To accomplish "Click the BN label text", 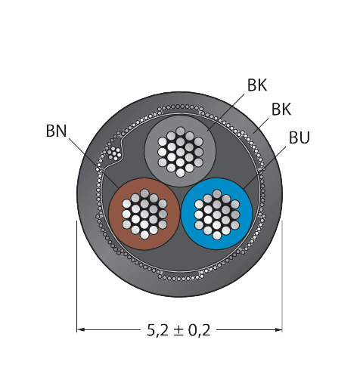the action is pyautogui.click(x=56, y=131).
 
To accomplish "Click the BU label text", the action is pyautogui.click(x=299, y=137).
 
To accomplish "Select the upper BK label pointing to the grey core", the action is pyautogui.click(x=257, y=85).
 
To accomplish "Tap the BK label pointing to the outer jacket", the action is pyautogui.click(x=281, y=110).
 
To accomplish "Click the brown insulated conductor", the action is pyautogui.click(x=144, y=214).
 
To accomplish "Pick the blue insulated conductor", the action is pyautogui.click(x=217, y=214).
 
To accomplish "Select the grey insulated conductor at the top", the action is pyautogui.click(x=180, y=151).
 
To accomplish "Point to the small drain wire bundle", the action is pyautogui.click(x=114, y=153).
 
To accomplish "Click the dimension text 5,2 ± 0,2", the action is pyautogui.click(x=178, y=330).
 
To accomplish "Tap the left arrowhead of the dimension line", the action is pyautogui.click(x=81, y=329).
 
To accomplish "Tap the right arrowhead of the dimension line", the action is pyautogui.click(x=278, y=329).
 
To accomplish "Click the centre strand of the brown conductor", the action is pyautogui.click(x=144, y=214).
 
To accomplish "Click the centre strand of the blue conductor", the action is pyautogui.click(x=217, y=214).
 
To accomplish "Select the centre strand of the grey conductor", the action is pyautogui.click(x=180, y=151).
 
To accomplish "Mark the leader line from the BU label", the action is pyautogui.click(x=265, y=167).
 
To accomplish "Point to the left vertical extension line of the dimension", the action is pyautogui.click(x=77, y=276).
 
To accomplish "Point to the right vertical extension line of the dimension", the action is pyautogui.click(x=282, y=276).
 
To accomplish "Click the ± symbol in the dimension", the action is pyautogui.click(x=178, y=331).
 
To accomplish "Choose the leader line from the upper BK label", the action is pyautogui.click(x=225, y=113).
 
